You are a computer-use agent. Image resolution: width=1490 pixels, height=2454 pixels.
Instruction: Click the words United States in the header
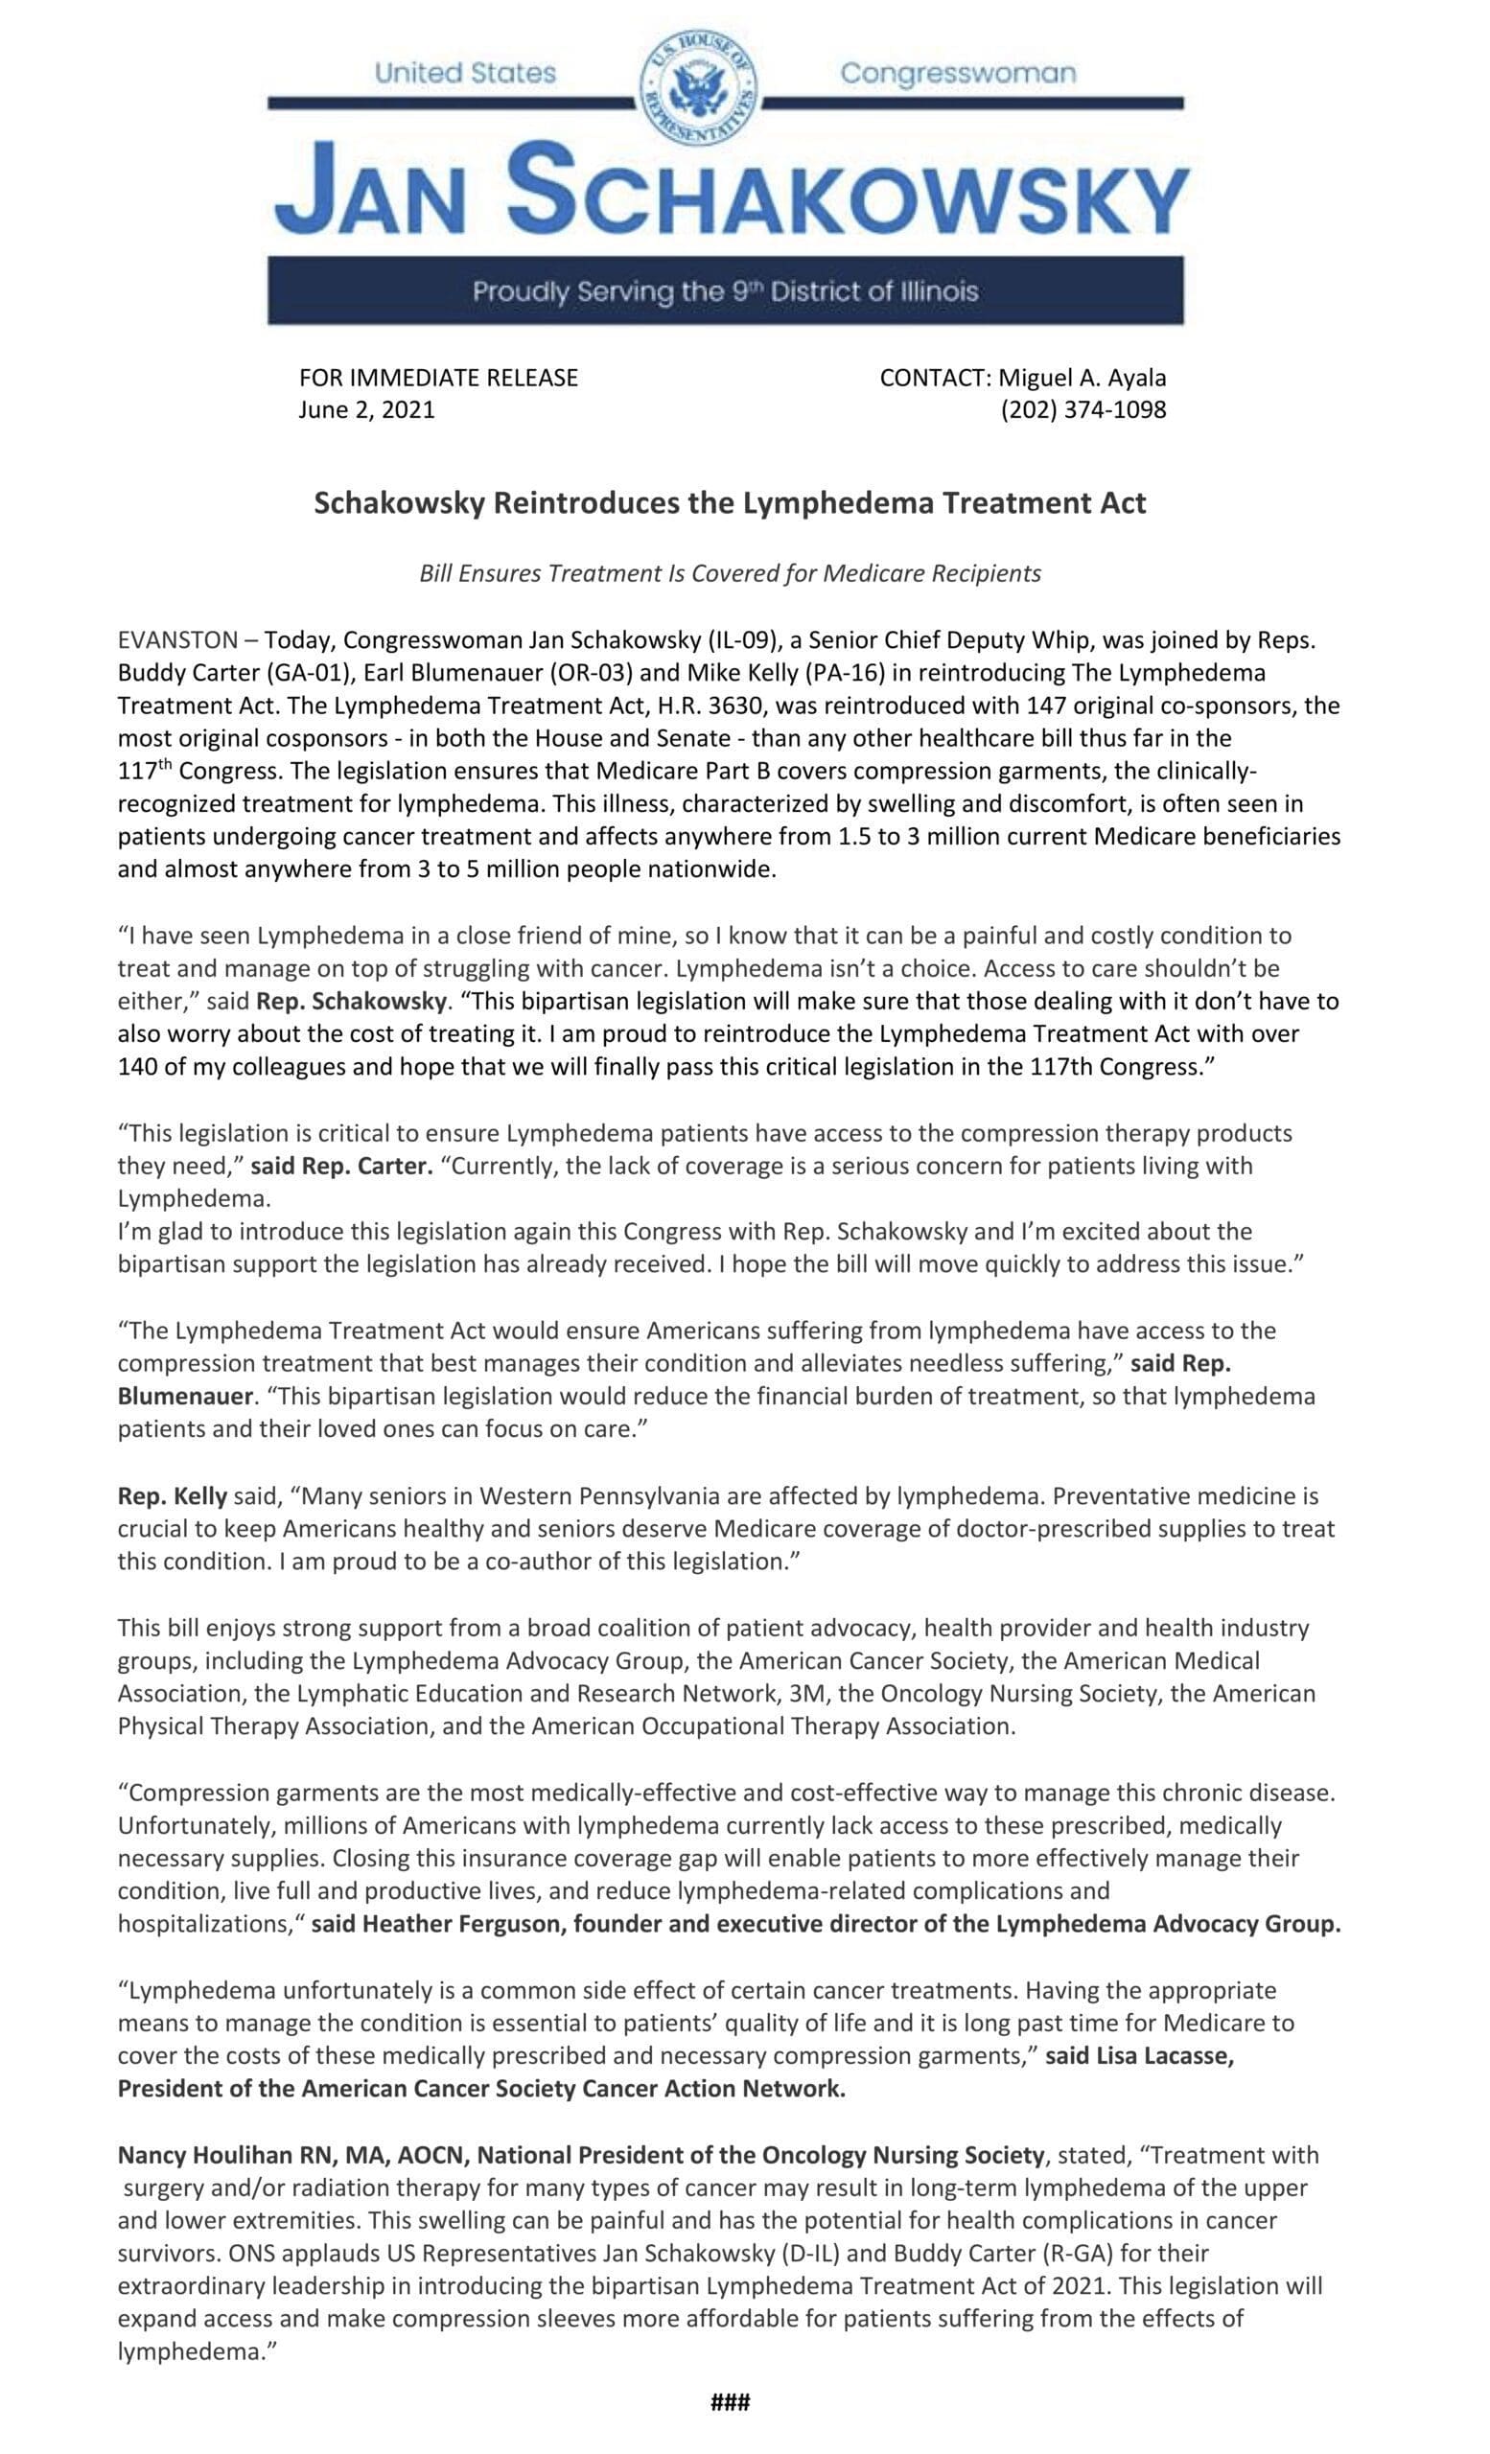click(x=465, y=74)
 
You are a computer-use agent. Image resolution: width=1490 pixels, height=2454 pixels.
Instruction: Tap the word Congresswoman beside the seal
click(x=957, y=74)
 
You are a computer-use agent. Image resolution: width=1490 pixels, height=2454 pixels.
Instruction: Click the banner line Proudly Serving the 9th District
click(x=725, y=291)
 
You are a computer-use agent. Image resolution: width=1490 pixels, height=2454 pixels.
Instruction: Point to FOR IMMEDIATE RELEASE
click(x=438, y=378)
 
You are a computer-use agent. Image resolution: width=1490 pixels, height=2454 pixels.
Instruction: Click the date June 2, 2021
click(x=366, y=409)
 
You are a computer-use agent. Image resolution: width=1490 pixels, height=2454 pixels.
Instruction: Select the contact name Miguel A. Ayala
click(x=1082, y=378)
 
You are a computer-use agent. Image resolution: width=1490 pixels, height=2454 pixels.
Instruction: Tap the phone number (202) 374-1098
click(x=1083, y=409)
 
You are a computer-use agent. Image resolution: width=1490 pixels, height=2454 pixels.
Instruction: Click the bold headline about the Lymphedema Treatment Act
click(x=729, y=503)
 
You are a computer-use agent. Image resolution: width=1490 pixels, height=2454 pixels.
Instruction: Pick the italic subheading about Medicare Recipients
click(x=729, y=573)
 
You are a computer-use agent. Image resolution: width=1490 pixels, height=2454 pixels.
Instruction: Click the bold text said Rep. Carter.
click(x=340, y=1166)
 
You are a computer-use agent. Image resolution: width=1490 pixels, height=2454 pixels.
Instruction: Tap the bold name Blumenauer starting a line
click(x=183, y=1396)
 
